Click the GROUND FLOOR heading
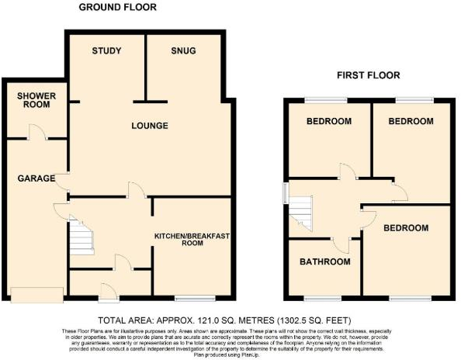pos(118,7)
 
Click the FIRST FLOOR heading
pos(368,75)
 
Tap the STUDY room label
pos(106,51)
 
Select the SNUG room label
pos(183,51)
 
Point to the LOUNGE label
pos(149,126)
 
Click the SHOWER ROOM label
pos(32,101)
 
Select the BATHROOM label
pos(324,262)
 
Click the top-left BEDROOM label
pos(328,122)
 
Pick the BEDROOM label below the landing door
pos(404,228)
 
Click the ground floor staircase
pos(81,237)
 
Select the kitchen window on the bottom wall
pos(195,299)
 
